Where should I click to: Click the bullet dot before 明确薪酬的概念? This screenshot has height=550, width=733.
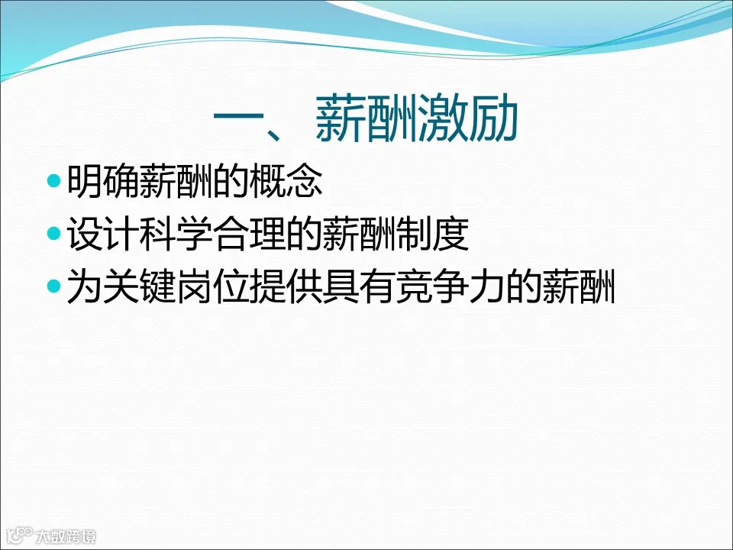coord(53,181)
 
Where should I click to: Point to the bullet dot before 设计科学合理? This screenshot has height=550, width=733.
coord(53,234)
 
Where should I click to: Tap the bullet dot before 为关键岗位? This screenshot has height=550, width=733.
coord(53,288)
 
